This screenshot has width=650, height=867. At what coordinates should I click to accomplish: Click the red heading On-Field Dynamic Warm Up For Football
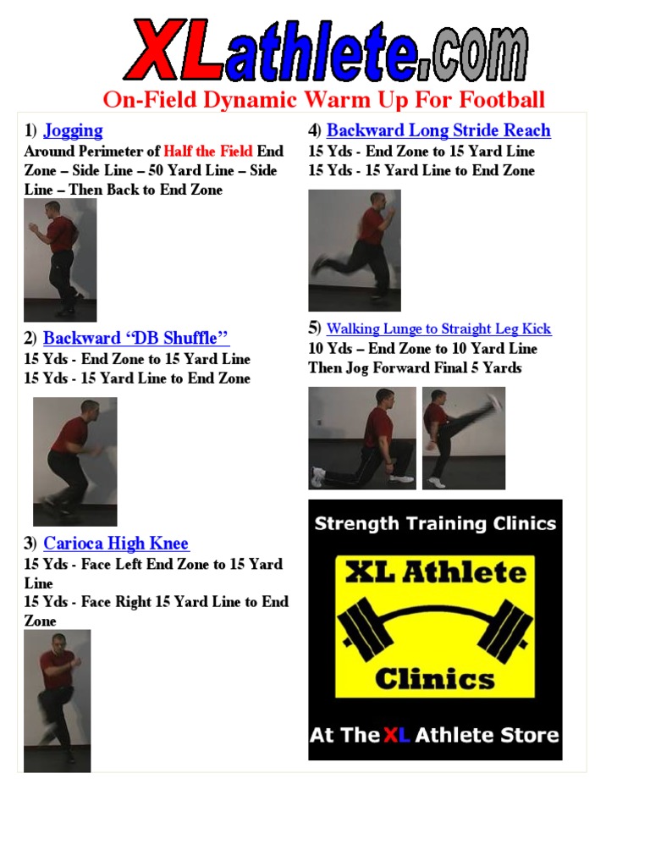coord(324,100)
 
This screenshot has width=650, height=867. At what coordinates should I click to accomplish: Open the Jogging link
coord(73,130)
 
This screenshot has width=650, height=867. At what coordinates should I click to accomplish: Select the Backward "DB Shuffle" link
coord(136,338)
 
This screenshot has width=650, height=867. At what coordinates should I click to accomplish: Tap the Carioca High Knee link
coord(116,544)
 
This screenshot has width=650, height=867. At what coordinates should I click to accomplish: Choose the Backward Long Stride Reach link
coord(438,130)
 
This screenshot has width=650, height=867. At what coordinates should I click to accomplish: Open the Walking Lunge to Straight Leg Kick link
coord(438,329)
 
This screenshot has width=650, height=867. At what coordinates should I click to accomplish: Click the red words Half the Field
coord(208,151)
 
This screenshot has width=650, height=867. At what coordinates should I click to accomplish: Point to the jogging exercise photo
coord(60,259)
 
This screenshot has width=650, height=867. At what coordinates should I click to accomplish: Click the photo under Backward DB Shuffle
coord(74,461)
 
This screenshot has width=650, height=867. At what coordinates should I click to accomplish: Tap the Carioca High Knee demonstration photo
coord(57,700)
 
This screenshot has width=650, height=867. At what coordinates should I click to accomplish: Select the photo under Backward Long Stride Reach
coord(354,250)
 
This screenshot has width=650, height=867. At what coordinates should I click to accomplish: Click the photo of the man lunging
coord(362,438)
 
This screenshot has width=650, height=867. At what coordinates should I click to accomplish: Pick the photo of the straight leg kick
coord(464,438)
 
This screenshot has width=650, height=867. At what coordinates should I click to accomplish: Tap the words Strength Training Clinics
coord(435,523)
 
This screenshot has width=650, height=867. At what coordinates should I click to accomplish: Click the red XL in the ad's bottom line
coord(396,735)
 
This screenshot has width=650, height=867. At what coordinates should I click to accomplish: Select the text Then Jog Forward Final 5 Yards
coord(415,367)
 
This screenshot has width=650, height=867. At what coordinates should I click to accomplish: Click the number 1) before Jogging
coord(30,130)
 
